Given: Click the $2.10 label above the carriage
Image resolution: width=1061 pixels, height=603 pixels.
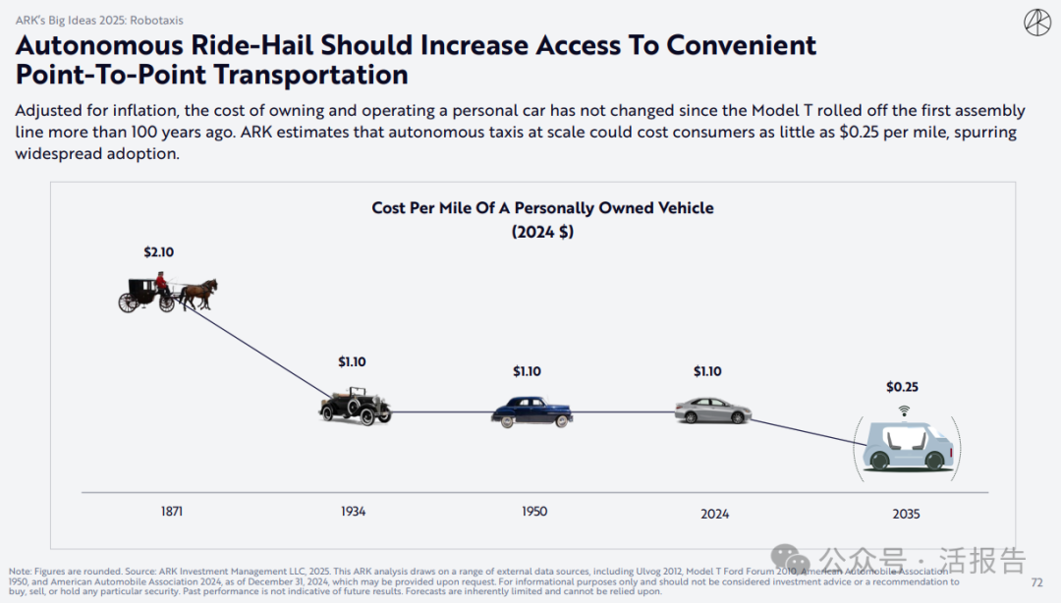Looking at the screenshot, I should click(158, 252).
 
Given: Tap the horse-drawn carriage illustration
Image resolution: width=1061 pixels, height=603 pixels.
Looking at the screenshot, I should click(168, 293).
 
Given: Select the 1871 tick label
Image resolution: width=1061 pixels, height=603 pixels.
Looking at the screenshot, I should click(172, 512).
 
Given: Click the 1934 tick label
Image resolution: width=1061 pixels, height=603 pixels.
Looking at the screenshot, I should click(353, 512).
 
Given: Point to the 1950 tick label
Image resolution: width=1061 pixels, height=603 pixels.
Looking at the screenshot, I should click(534, 512).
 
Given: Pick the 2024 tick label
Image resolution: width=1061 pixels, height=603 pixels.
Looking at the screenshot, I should click(715, 514).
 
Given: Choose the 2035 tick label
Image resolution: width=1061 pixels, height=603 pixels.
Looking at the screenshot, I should click(906, 514).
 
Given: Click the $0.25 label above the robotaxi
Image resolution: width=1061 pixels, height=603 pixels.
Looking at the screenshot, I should click(902, 387).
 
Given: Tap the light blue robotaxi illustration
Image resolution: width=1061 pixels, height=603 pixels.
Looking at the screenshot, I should click(908, 447).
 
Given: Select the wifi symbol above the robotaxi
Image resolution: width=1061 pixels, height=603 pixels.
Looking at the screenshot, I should click(904, 411).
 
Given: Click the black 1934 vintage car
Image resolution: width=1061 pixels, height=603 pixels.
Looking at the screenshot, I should click(355, 407).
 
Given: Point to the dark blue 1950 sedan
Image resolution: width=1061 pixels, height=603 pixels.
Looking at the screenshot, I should click(531, 411).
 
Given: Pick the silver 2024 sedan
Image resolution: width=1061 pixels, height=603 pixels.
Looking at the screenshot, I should click(712, 410).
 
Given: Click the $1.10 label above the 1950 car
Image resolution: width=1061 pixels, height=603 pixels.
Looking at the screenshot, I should click(527, 371).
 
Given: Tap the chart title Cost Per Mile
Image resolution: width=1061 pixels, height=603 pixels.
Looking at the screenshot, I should click(542, 208).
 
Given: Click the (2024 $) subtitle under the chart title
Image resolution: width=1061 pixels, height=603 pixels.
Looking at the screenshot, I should click(542, 232).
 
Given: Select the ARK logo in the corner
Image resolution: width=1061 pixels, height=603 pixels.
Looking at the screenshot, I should click(1036, 23).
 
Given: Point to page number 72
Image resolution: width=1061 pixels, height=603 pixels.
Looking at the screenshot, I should click(1036, 582).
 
